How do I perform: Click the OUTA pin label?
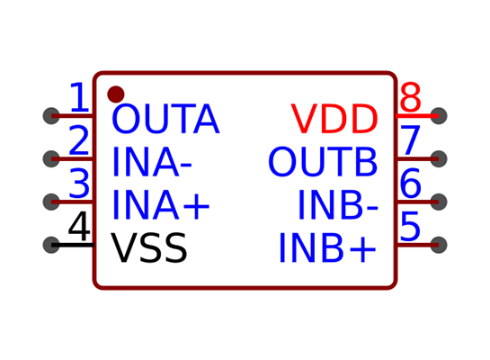pos(165,119)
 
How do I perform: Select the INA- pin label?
pos(152,162)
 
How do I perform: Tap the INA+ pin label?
pos(161,205)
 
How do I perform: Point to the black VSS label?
pos(149,247)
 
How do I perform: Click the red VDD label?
pos(334,119)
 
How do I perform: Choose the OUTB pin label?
pos(323,162)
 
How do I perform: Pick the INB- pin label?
pos(338,205)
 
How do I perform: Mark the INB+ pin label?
pos(328,247)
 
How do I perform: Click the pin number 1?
pos(80,97)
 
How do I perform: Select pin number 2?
pos(79,140)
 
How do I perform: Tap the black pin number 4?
pos(79,226)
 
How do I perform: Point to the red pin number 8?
pos(410,97)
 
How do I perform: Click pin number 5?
pos(410,226)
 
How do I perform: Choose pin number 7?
pos(410,140)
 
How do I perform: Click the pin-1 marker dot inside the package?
pos(116,94)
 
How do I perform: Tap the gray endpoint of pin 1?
pos(51,116)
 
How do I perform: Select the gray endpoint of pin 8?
pos(439,116)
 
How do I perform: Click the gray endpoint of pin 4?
pos(51,245)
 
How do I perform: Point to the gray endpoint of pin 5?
pos(439,245)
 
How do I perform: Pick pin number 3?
pos(79,183)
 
